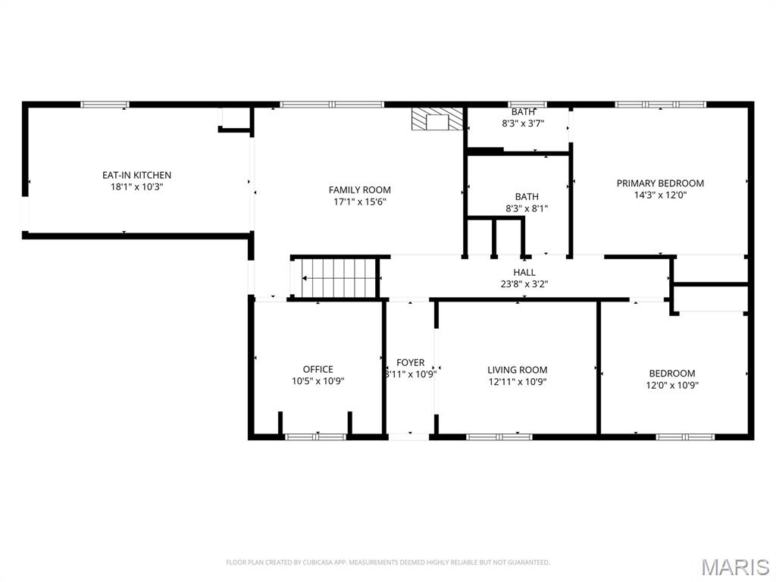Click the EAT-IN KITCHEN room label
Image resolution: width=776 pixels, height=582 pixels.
pos(136,175)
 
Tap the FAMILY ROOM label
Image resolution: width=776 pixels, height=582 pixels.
pos(359,190)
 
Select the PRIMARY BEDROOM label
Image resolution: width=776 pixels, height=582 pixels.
pos(659,183)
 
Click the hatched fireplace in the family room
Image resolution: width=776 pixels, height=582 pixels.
pos(436,120)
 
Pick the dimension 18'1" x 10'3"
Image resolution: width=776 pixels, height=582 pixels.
pos(136,186)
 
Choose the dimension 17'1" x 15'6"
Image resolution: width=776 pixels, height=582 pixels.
pos(359,202)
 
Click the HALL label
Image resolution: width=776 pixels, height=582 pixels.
pos(524,273)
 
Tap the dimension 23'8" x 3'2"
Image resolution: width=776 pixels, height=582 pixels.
pos(524,284)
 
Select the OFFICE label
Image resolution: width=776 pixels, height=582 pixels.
pos(318,370)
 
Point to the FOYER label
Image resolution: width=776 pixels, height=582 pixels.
pos(411,363)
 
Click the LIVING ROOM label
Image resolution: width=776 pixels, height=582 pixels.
pos(517,370)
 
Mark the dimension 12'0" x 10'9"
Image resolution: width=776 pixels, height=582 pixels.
pos(671,385)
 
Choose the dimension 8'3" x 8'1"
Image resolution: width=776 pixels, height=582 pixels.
pos(527,208)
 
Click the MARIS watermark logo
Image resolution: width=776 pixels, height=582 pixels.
pos(734,566)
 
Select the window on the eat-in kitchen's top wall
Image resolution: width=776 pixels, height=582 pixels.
pos(105,105)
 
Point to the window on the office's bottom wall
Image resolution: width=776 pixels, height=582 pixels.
pos(315,436)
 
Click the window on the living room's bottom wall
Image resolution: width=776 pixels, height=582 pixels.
pos(499,436)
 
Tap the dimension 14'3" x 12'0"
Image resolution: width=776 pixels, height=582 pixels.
pos(659,195)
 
